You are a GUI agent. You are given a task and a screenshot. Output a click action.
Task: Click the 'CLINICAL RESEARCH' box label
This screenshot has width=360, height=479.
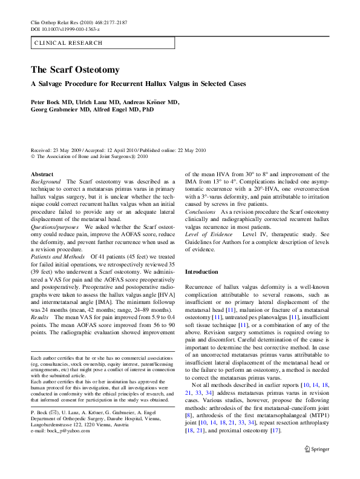[69, 43]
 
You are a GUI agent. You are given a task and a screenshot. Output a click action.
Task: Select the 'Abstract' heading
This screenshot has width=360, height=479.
[42, 174]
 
